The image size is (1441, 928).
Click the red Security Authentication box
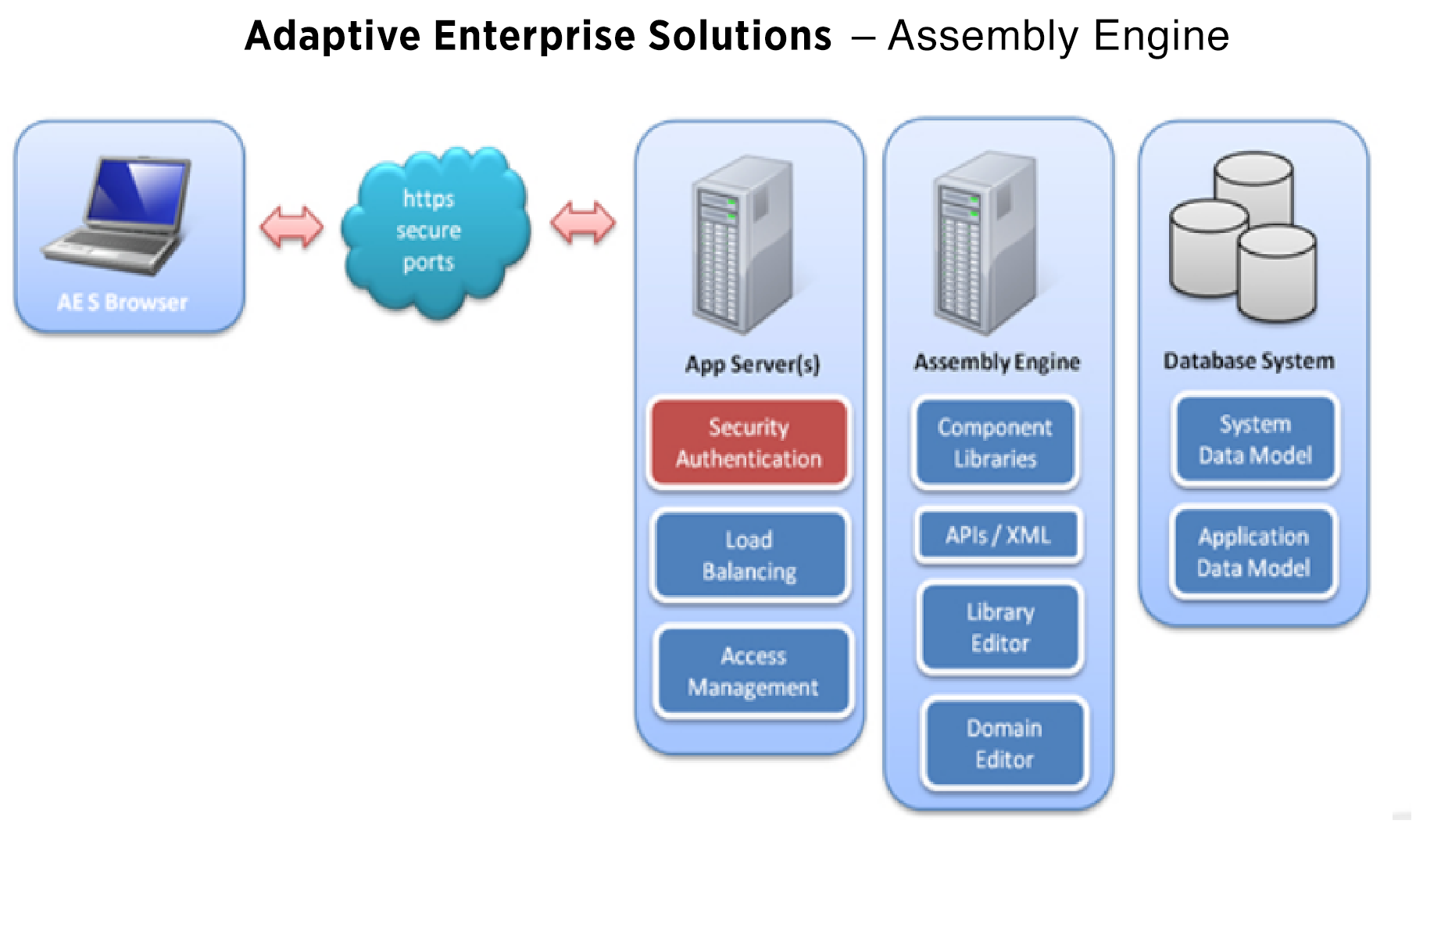pyautogui.click(x=749, y=443)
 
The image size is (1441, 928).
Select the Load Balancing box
pyautogui.click(x=749, y=556)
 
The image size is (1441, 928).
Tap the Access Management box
pyautogui.click(x=753, y=672)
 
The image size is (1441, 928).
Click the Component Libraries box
pyautogui.click(x=995, y=443)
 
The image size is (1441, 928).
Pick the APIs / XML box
pyautogui.click(x=998, y=536)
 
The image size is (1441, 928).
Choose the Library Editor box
pyautogui.click(x=1000, y=628)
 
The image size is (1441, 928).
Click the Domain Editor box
pyautogui.click(x=1004, y=743)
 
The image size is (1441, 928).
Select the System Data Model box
pyautogui.click(x=1255, y=439)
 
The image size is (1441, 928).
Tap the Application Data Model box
pyautogui.click(x=1253, y=552)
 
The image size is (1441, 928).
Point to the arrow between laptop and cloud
pyautogui.click(x=291, y=227)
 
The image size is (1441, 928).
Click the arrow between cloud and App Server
pyautogui.click(x=583, y=223)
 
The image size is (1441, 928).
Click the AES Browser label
pyautogui.click(x=123, y=303)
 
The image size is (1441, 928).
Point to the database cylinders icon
pyautogui.click(x=1243, y=238)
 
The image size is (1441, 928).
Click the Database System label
pyautogui.click(x=1249, y=361)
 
